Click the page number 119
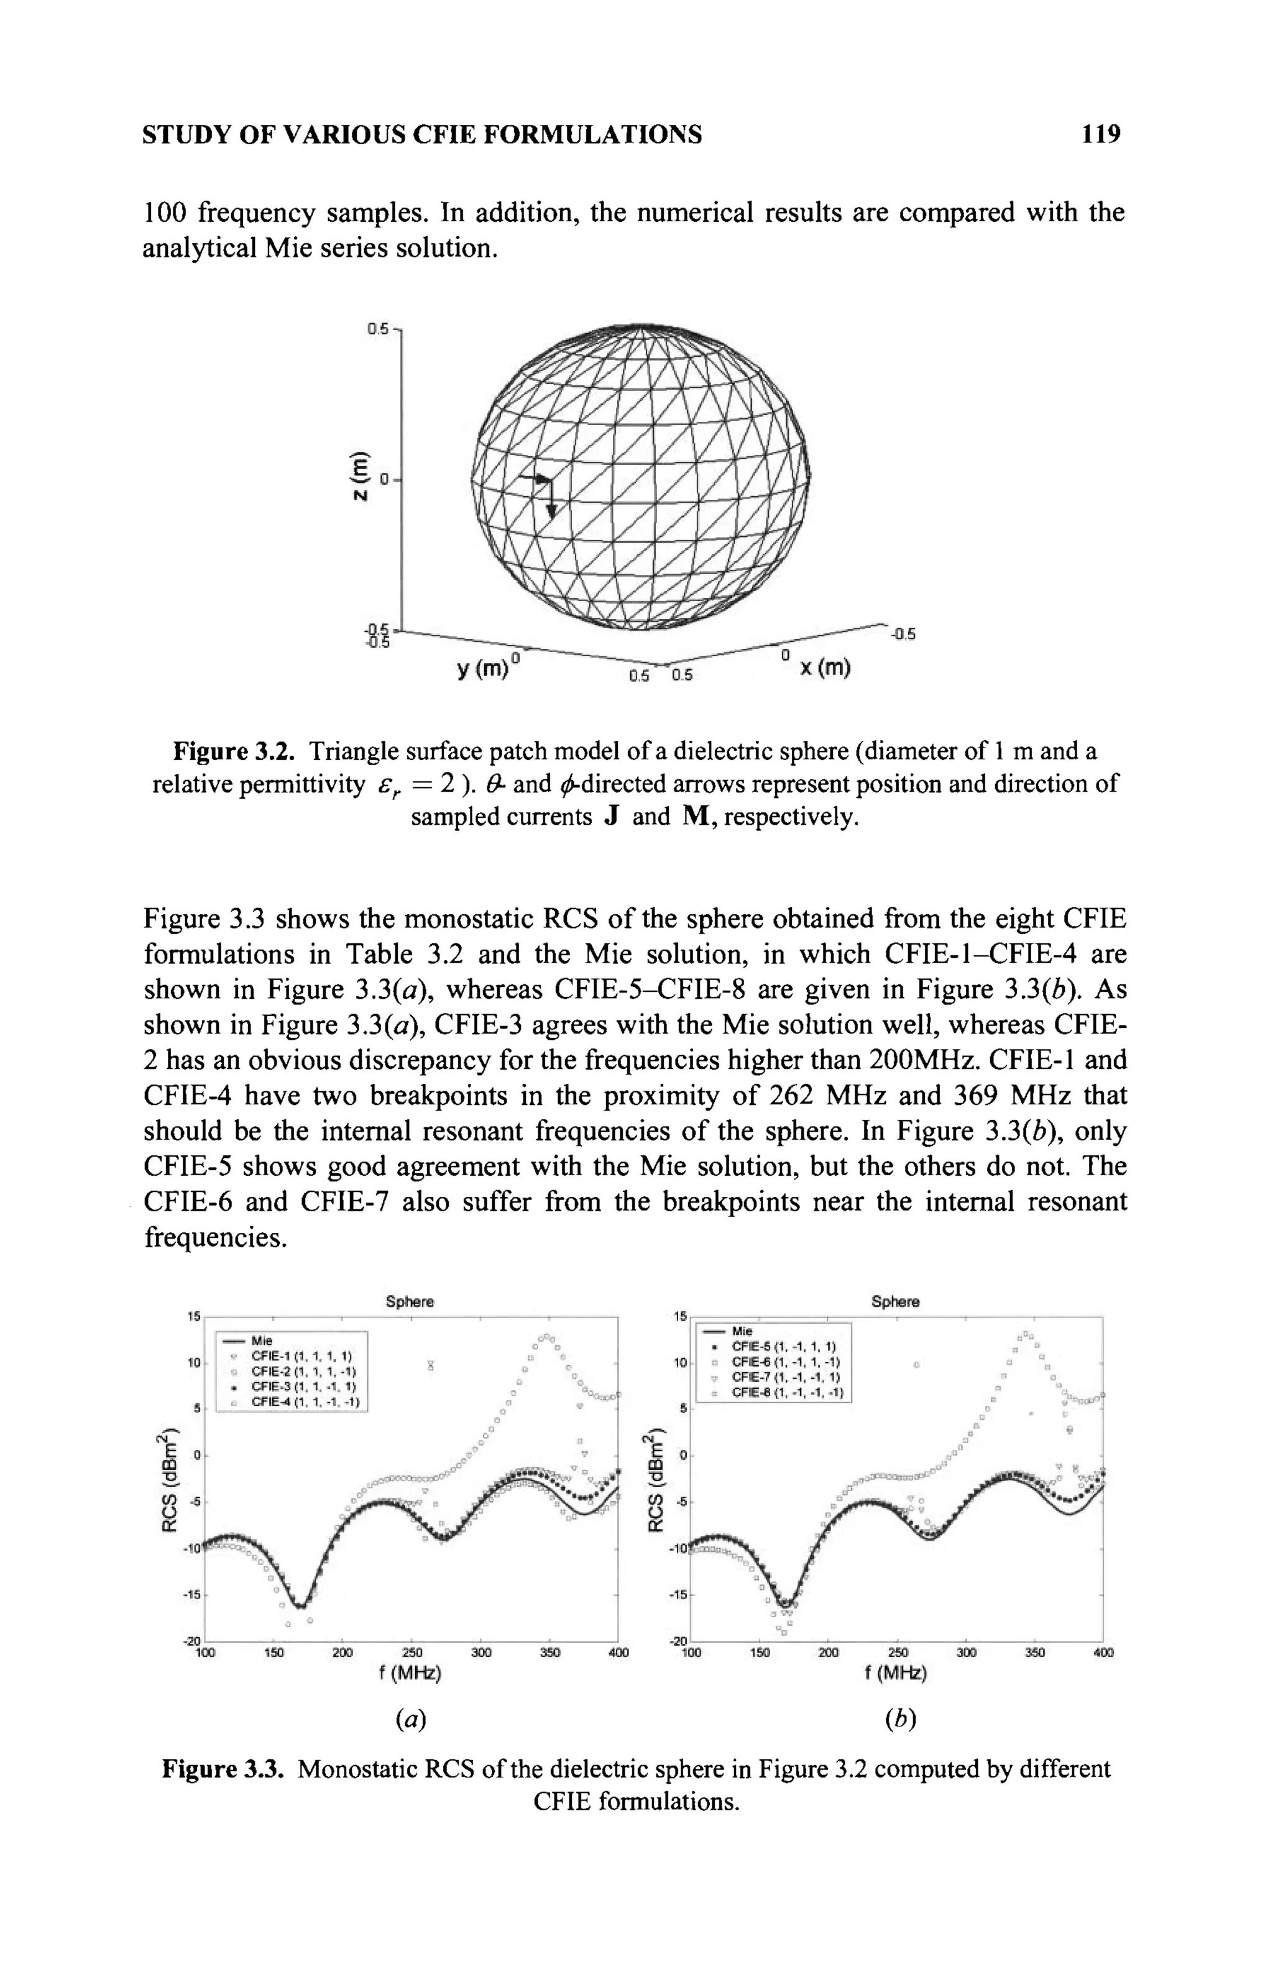tap(1101, 134)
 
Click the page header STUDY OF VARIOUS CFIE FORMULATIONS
tap(422, 134)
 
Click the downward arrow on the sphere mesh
tap(551, 502)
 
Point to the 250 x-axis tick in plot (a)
tap(411, 1652)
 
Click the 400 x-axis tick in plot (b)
tap(1102, 1652)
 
